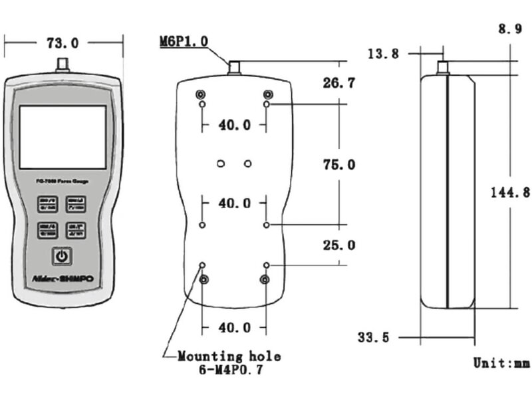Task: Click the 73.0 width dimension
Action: tap(63, 43)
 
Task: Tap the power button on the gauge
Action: tap(61, 256)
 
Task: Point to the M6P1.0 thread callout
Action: tap(184, 41)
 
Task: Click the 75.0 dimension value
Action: tap(338, 164)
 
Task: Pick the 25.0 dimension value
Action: tap(338, 245)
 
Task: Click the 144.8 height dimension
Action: tap(511, 192)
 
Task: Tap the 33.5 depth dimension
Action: tap(373, 337)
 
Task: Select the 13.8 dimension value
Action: tap(382, 54)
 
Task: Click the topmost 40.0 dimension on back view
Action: tap(234, 124)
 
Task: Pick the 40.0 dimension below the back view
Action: tap(234, 327)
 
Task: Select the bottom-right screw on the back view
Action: tap(266, 279)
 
